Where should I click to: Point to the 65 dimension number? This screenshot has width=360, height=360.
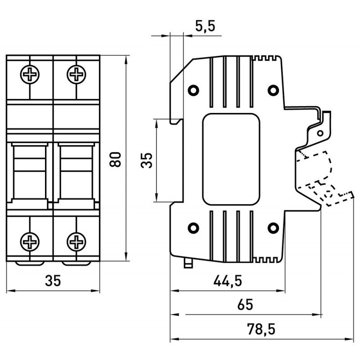point(245,305)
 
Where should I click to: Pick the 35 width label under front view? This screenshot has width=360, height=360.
point(53,281)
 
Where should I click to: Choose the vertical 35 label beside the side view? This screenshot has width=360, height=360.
point(147,159)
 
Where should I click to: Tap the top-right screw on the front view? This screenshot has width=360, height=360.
point(76,74)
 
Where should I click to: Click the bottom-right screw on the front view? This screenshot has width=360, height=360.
point(76,242)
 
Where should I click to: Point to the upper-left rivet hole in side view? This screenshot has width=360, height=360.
point(193,90)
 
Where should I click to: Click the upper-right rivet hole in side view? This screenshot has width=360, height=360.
point(272,90)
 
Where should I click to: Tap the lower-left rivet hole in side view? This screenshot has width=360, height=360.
point(193,228)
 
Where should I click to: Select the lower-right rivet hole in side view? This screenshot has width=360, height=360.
point(272,228)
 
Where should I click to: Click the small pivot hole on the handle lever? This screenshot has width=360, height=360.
point(320,134)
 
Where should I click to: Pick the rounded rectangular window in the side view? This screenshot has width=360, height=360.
point(231,159)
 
